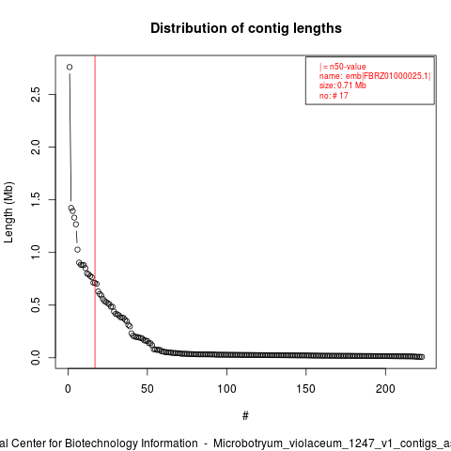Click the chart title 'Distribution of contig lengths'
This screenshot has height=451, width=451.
pyautogui.click(x=246, y=28)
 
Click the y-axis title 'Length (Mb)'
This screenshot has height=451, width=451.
pyautogui.click(x=8, y=212)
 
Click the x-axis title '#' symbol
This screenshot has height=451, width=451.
pyautogui.click(x=245, y=416)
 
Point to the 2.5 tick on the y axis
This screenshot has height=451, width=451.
pyautogui.click(x=36, y=94)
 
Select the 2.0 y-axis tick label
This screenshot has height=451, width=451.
pyautogui.click(x=36, y=147)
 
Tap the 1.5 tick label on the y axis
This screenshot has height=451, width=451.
pyautogui.click(x=36, y=199)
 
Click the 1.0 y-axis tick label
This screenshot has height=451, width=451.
pyautogui.click(x=36, y=252)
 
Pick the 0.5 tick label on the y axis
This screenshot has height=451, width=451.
pyautogui.click(x=36, y=304)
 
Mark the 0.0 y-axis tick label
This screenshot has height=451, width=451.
pyautogui.click(x=36, y=357)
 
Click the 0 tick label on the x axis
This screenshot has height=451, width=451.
pyautogui.click(x=68, y=389)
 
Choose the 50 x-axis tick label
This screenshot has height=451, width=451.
pyautogui.click(x=148, y=389)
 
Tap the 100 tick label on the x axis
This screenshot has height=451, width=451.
pyautogui.click(x=226, y=389)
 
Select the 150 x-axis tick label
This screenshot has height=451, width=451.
pyautogui.click(x=305, y=389)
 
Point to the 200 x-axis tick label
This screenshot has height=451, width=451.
pyautogui.click(x=385, y=389)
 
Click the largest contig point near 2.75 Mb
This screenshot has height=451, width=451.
pyautogui.click(x=70, y=67)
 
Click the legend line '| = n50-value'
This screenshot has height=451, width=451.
pyautogui.click(x=342, y=67)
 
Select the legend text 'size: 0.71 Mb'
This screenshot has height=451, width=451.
pyautogui.click(x=342, y=86)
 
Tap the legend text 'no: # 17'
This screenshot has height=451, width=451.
pyautogui.click(x=334, y=96)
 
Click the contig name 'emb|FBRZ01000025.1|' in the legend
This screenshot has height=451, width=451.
pyautogui.click(x=388, y=76)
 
